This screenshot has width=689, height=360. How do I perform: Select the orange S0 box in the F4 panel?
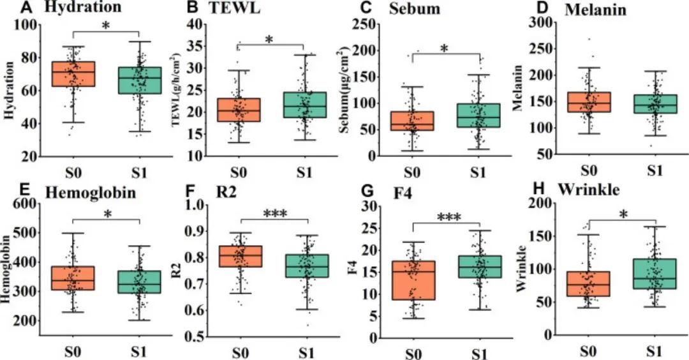click(413, 280)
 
